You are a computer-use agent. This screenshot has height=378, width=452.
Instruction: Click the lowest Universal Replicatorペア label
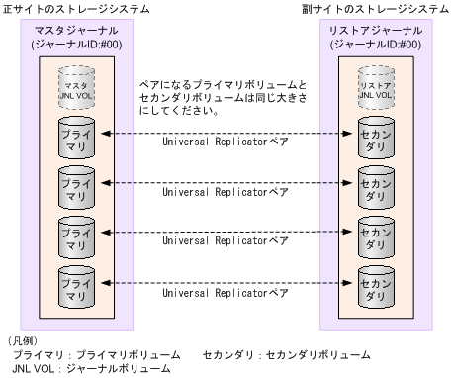click(x=225, y=293)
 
